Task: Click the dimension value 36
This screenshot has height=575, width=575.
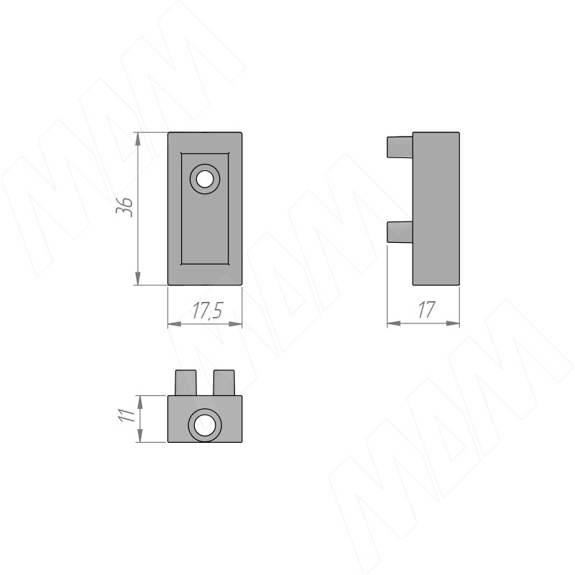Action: point(124,207)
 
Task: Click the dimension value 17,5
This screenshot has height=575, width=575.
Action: point(207,311)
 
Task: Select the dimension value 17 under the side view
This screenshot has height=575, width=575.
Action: point(425,310)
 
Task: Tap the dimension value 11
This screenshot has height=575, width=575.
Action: point(127,415)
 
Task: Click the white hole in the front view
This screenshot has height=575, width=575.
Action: point(205,179)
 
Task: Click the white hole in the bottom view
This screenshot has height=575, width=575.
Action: point(205,425)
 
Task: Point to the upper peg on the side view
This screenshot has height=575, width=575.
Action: point(400,147)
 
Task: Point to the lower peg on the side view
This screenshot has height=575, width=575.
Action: point(400,231)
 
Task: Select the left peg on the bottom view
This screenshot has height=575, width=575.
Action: point(185,383)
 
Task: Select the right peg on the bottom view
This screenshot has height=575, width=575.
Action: point(224,383)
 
